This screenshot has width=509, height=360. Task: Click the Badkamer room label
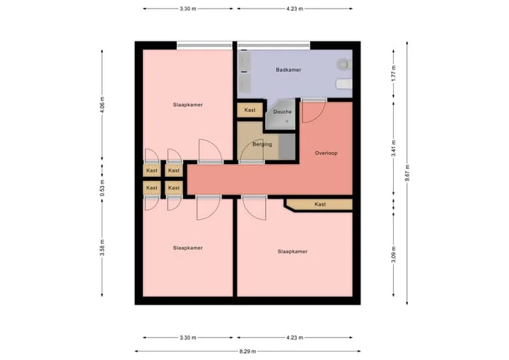click(x=288, y=70)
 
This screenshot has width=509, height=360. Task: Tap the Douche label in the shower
click(x=282, y=112)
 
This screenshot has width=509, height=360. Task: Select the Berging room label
click(x=262, y=144)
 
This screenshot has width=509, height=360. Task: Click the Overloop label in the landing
click(x=326, y=153)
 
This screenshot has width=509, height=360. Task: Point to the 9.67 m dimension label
click(x=407, y=173)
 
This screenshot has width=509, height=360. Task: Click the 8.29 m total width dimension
click(x=247, y=352)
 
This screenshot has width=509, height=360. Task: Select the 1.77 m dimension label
click(x=394, y=74)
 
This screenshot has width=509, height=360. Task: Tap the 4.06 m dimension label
click(x=103, y=105)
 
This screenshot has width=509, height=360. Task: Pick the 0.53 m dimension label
click(x=103, y=188)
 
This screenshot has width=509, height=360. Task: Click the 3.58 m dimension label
click(x=103, y=248)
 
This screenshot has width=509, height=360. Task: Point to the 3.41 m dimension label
click(x=394, y=148)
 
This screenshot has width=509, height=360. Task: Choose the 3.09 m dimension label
click(x=394, y=255)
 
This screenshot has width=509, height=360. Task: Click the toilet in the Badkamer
click(x=344, y=64)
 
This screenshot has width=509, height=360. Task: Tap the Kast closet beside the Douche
click(x=250, y=110)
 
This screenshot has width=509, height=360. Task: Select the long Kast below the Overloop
click(x=319, y=204)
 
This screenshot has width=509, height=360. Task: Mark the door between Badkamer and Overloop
click(x=314, y=112)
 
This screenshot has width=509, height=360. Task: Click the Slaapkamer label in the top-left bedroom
click(x=187, y=105)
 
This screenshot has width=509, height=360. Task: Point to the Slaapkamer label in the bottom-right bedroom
click(x=293, y=252)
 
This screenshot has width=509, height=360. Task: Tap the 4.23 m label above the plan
click(x=294, y=8)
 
